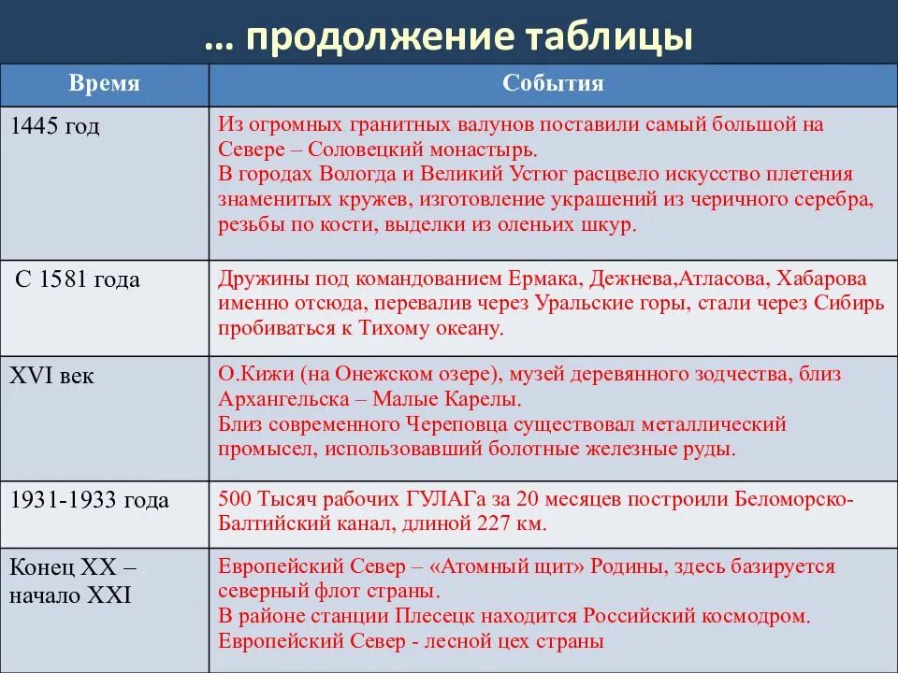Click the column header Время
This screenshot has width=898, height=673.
click(104, 84)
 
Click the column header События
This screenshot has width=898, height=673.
click(553, 84)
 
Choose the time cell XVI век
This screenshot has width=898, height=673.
click(51, 376)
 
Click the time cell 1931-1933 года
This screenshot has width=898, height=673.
click(90, 500)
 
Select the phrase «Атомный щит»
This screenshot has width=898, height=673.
click(477, 567)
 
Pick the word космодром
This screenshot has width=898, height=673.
click(756, 617)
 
